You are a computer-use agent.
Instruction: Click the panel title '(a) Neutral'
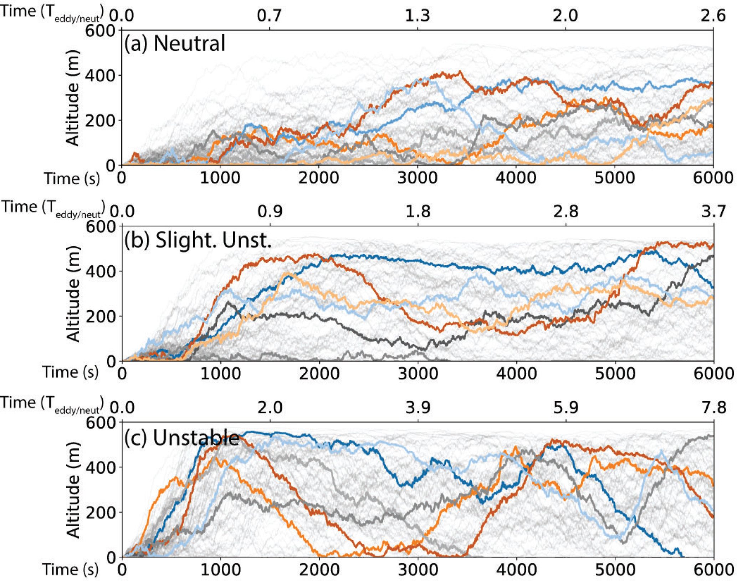[x=175, y=44]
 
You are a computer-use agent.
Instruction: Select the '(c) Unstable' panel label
[x=181, y=438]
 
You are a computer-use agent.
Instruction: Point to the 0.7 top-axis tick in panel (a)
[x=270, y=16]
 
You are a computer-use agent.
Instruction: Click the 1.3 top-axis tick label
[x=418, y=16]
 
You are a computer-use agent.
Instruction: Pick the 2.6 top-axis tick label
[x=713, y=16]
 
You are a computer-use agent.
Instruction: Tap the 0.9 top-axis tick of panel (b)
[x=270, y=211]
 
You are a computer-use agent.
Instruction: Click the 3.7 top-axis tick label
[x=713, y=211]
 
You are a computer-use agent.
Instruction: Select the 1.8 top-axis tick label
[x=418, y=211]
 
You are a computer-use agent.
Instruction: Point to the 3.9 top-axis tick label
[x=418, y=407]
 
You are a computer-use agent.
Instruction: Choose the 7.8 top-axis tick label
[x=713, y=407]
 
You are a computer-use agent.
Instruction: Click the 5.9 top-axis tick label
[x=566, y=407]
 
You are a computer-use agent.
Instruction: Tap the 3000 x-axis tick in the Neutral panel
[x=418, y=178]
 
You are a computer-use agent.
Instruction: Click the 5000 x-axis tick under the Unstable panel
[x=615, y=569]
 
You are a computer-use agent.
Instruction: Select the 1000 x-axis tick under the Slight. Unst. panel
[x=220, y=373]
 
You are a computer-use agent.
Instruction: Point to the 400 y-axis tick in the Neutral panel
[x=100, y=76]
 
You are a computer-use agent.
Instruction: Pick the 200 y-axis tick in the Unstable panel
[x=100, y=512]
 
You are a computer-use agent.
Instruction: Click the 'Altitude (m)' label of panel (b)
[x=73, y=293]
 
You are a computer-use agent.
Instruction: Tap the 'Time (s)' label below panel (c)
[x=71, y=569]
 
